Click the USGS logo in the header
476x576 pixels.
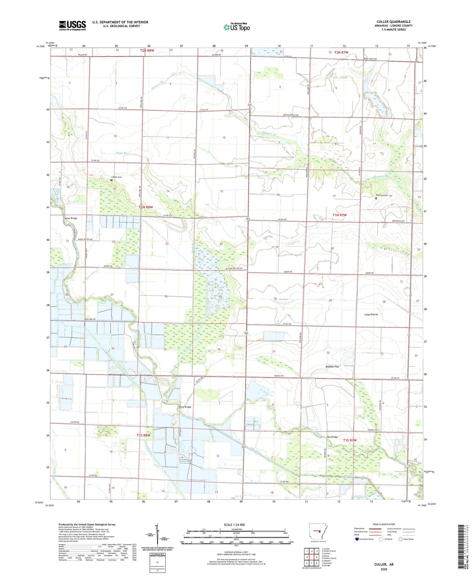[72, 25]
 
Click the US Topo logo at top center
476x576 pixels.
[237, 27]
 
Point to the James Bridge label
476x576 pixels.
[70, 218]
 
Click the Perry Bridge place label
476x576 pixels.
[185, 407]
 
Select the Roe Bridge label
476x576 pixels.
[332, 437]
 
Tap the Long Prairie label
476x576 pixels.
[371, 314]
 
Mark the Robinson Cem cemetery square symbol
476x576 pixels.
[376, 198]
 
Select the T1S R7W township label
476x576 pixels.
[350, 440]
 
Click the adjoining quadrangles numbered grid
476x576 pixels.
[312, 557]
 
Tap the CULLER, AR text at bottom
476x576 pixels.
[384, 564]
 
